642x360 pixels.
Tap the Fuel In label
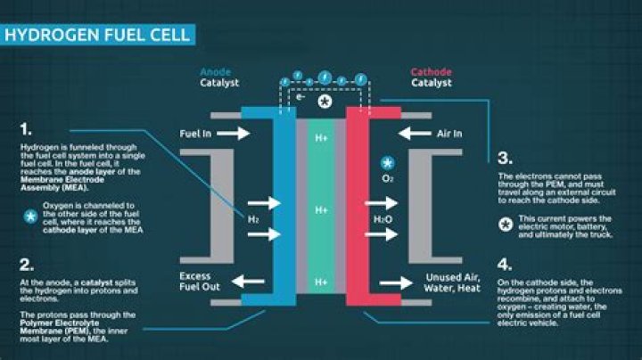pos(195,134)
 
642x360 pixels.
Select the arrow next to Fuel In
pos(235,134)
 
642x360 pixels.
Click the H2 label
pos(252,218)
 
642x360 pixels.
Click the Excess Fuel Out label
pos(195,282)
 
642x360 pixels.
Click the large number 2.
pos(27,265)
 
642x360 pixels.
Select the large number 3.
pos(504,159)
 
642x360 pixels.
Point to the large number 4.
pos(505,265)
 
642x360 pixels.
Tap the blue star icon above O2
pos(387,163)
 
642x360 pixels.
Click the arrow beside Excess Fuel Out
pos(250,282)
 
